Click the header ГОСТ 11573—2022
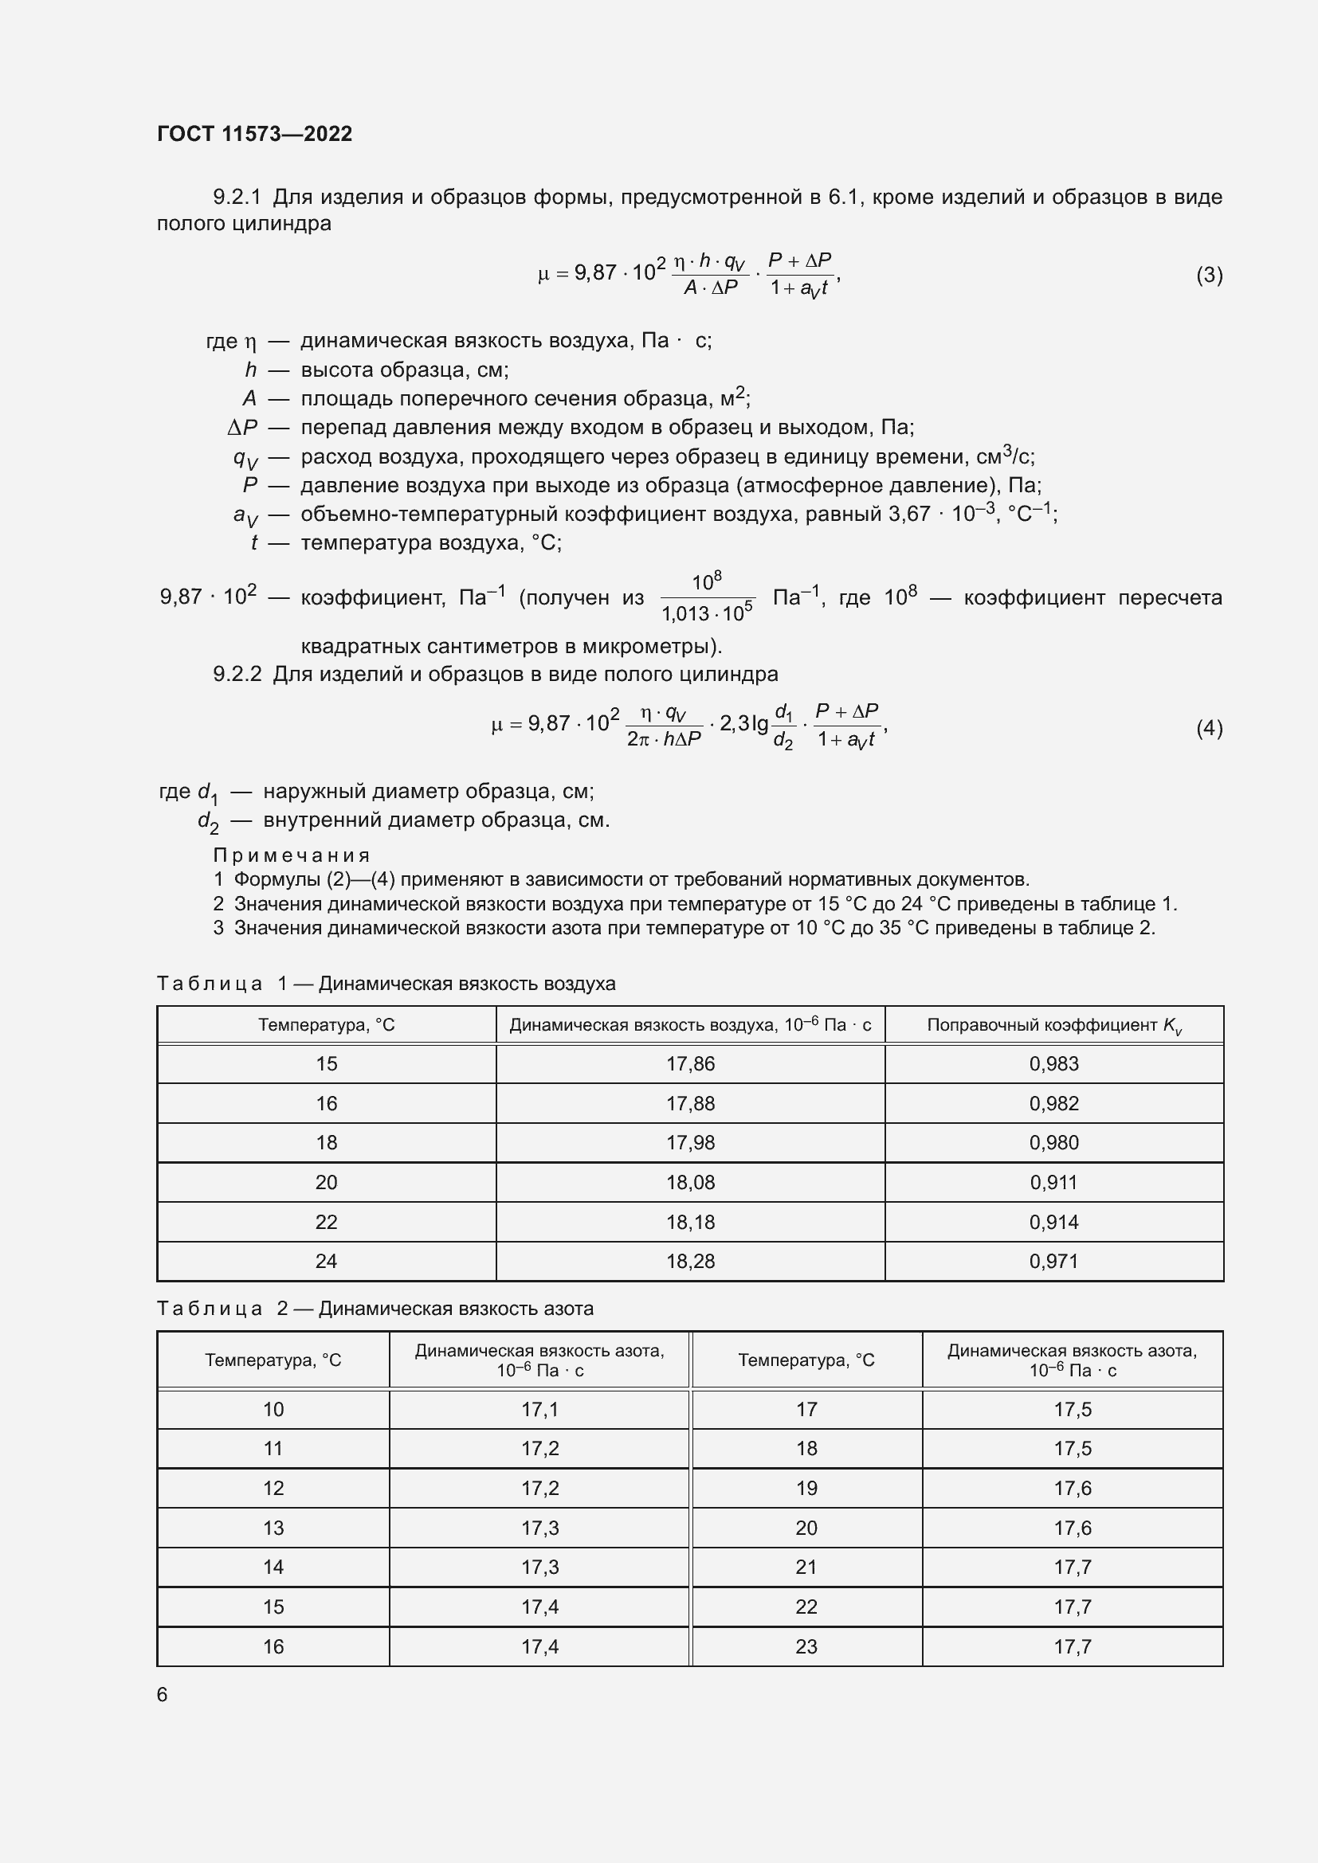pos(254,134)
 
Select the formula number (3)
pos(1209,275)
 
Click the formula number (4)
pos(1209,728)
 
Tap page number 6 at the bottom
pos(163,1694)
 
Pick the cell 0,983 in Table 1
pos(1053,1064)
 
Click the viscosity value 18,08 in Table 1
pos(690,1182)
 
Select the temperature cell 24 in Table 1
pos(326,1261)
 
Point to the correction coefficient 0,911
pos(1053,1182)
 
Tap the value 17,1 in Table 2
pos(539,1410)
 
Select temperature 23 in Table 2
pos(806,1646)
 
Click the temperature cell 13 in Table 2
pos(273,1528)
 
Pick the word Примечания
pos(292,855)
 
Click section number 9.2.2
pos(237,675)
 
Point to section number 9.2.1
pos(237,198)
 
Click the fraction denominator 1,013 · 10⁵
pos(707,613)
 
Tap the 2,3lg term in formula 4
pos(743,724)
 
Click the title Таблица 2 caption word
pos(210,1309)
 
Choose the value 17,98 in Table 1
pos(690,1142)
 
